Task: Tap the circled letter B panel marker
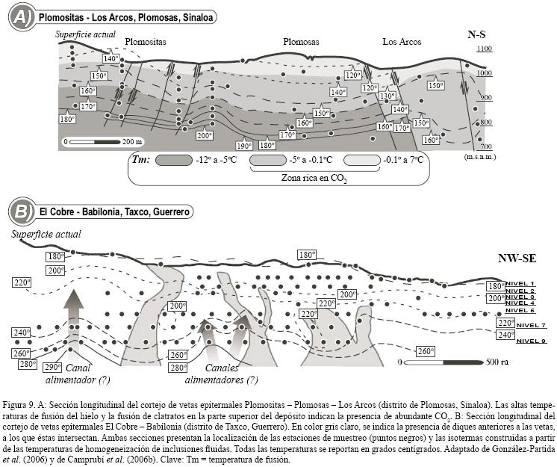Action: pos(22,211)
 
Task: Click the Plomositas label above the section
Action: pos(146,42)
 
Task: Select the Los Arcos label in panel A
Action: pos(402,42)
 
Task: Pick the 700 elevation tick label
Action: pos(485,146)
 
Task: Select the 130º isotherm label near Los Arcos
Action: pos(387,96)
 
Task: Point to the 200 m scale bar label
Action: pos(134,141)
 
